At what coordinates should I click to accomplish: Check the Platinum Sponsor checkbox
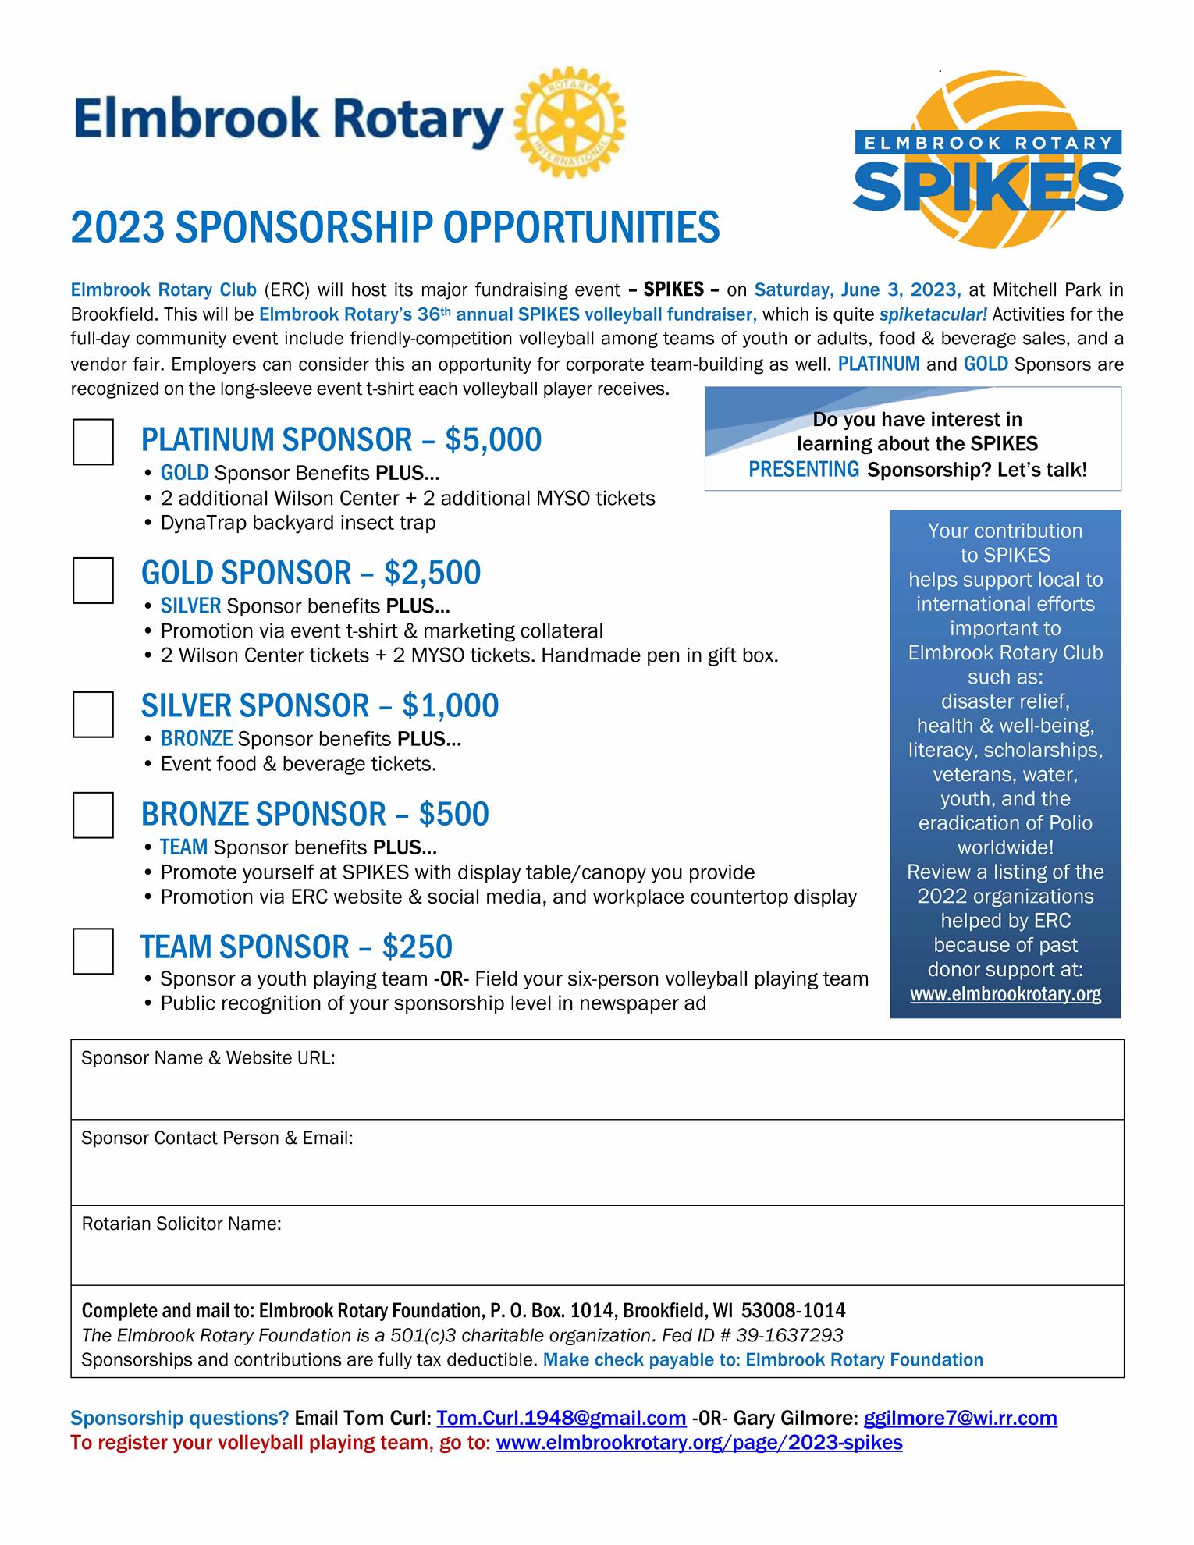(93, 442)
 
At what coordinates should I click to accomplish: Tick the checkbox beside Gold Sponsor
(93, 580)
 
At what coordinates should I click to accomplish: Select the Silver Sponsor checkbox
(93, 714)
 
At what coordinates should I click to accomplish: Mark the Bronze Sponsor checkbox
(93, 815)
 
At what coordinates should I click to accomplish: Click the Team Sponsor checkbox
(93, 951)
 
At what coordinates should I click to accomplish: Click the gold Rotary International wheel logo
(570, 123)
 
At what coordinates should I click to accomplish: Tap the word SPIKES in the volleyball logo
(988, 186)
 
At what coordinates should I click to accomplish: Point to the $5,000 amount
(493, 440)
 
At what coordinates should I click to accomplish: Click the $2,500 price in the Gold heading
(432, 574)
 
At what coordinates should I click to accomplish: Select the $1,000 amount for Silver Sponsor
(450, 706)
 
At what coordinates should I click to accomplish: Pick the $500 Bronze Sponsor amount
(453, 815)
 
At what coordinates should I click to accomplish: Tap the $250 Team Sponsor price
(417, 947)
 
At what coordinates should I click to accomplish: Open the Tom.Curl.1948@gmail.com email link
(561, 1418)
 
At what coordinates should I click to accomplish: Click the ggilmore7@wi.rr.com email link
(960, 1418)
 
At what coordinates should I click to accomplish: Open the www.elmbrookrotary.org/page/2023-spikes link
(699, 1442)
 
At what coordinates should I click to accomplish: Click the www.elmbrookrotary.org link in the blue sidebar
(1005, 994)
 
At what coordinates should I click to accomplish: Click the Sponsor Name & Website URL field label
(208, 1058)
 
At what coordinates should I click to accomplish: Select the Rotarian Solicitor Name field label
(181, 1224)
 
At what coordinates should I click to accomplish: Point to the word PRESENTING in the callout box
(804, 470)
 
